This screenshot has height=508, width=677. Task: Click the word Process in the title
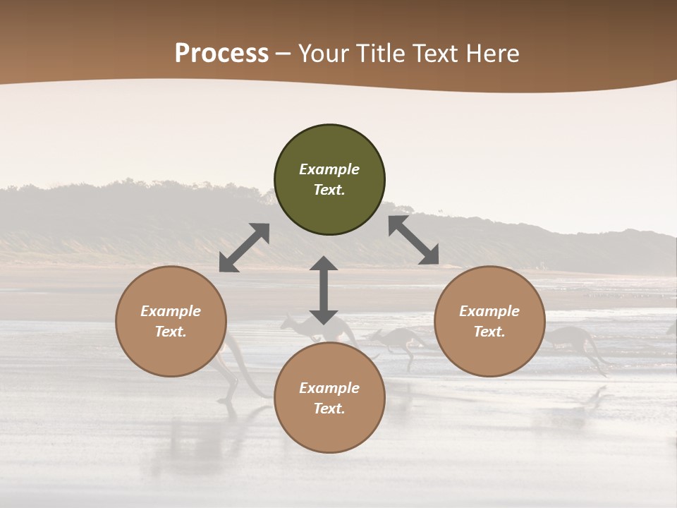tap(221, 54)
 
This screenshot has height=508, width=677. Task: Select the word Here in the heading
tap(492, 54)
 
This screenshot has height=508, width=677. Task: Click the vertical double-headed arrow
tap(324, 290)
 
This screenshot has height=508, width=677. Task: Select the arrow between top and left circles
tap(244, 248)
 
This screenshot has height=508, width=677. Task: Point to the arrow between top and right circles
tap(414, 240)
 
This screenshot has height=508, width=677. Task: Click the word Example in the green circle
tap(329, 169)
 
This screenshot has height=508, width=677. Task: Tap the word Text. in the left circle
tap(171, 332)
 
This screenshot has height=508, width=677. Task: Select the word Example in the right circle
tap(489, 311)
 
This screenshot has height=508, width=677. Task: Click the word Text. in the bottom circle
tap(329, 409)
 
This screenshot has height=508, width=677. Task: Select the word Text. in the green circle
tap(329, 190)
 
